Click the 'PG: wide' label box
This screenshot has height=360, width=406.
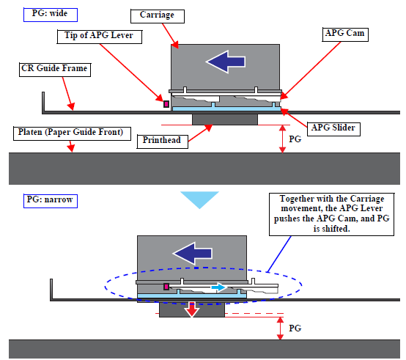coord(51,15)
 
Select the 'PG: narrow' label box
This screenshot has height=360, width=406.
coord(51,201)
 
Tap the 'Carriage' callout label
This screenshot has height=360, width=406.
coord(158,16)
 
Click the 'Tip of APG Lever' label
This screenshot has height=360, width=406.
coord(100,37)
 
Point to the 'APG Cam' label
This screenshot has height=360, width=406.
coord(345,34)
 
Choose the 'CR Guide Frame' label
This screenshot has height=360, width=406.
coord(55,70)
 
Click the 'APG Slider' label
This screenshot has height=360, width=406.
coord(333,129)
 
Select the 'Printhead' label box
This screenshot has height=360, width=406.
coord(163,142)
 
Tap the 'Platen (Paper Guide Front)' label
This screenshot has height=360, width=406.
coord(72,133)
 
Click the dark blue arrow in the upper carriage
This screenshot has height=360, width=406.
coord(226,62)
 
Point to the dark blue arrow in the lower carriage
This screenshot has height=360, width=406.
coord(193,254)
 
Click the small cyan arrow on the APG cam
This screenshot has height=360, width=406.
coord(218,287)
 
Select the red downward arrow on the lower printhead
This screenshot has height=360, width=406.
coord(191,309)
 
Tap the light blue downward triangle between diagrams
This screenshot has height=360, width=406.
coord(199,199)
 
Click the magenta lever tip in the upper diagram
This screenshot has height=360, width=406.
coord(166,104)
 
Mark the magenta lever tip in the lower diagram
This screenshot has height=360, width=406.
coord(166,287)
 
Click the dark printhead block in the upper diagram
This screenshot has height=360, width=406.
coord(225,120)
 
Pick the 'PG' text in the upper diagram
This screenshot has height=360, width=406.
coord(295,139)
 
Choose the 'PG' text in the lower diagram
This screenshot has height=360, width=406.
coord(295,328)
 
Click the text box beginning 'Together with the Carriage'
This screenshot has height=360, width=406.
coord(332,214)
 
